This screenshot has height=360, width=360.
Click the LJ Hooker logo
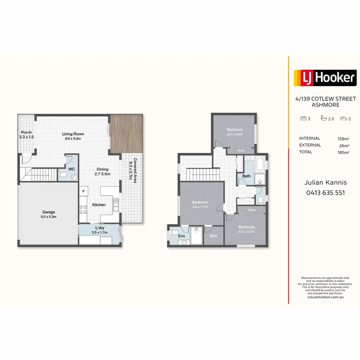[325, 78]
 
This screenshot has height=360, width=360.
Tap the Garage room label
[48, 214]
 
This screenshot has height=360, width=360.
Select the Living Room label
[73, 136]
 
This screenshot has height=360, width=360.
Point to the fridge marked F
[84, 191]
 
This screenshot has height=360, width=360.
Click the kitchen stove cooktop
[83, 210]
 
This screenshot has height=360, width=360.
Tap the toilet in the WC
[62, 175]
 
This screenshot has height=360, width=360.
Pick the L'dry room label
[100, 230]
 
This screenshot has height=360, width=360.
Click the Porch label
[26, 135]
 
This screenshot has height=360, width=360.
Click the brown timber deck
[127, 134]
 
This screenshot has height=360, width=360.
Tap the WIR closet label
[213, 236]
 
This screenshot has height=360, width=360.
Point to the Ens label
[181, 236]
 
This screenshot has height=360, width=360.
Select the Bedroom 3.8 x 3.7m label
[200, 204]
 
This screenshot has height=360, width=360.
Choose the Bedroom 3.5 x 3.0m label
[235, 132]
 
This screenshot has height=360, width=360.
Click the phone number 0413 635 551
[326, 193]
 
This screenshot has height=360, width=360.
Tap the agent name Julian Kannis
[326, 183]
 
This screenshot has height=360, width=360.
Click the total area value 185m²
[343, 152]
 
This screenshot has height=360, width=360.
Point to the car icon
[344, 118]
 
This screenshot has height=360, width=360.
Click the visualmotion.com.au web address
[325, 297]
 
